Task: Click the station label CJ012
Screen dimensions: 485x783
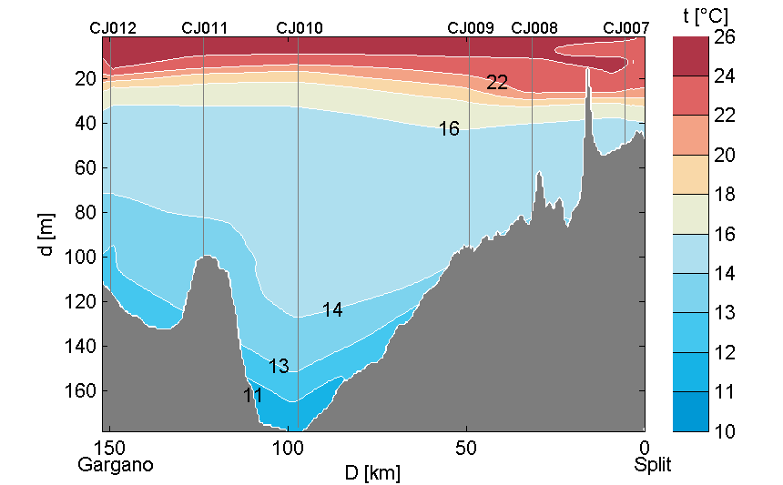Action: point(113,28)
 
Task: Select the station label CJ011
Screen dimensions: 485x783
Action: point(205,28)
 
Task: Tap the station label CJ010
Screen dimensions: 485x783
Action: point(299,28)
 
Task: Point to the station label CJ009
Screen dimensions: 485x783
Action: point(471,28)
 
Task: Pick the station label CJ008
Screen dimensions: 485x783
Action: point(534,28)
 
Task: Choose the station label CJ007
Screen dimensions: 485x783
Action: point(626,28)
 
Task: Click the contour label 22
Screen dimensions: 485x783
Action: point(496,83)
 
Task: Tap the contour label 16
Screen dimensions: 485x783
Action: point(449,129)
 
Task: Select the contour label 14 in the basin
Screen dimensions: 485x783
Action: point(332,310)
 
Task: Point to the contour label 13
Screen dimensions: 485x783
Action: point(279,366)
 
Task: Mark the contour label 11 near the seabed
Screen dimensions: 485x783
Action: point(253,396)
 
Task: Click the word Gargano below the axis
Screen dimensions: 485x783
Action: point(116,465)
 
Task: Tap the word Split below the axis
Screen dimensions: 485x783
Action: point(653,465)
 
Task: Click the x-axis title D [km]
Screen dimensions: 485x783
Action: point(371,473)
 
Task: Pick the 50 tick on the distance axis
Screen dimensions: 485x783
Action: point(466,448)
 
